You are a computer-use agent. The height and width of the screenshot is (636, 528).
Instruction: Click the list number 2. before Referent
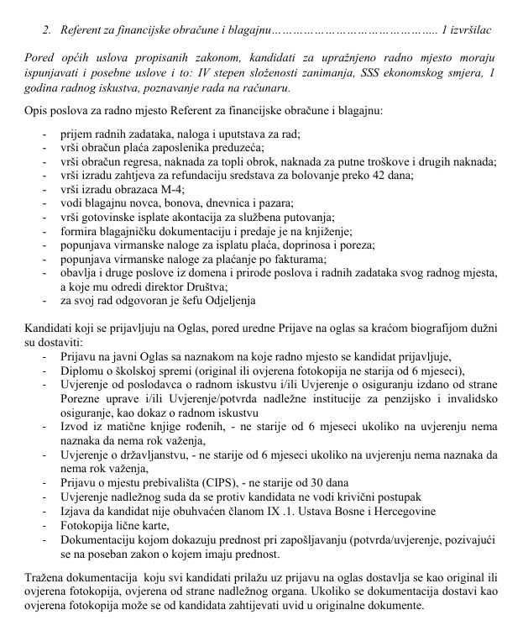(47, 30)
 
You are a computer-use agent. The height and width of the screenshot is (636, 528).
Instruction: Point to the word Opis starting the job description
(39, 111)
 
